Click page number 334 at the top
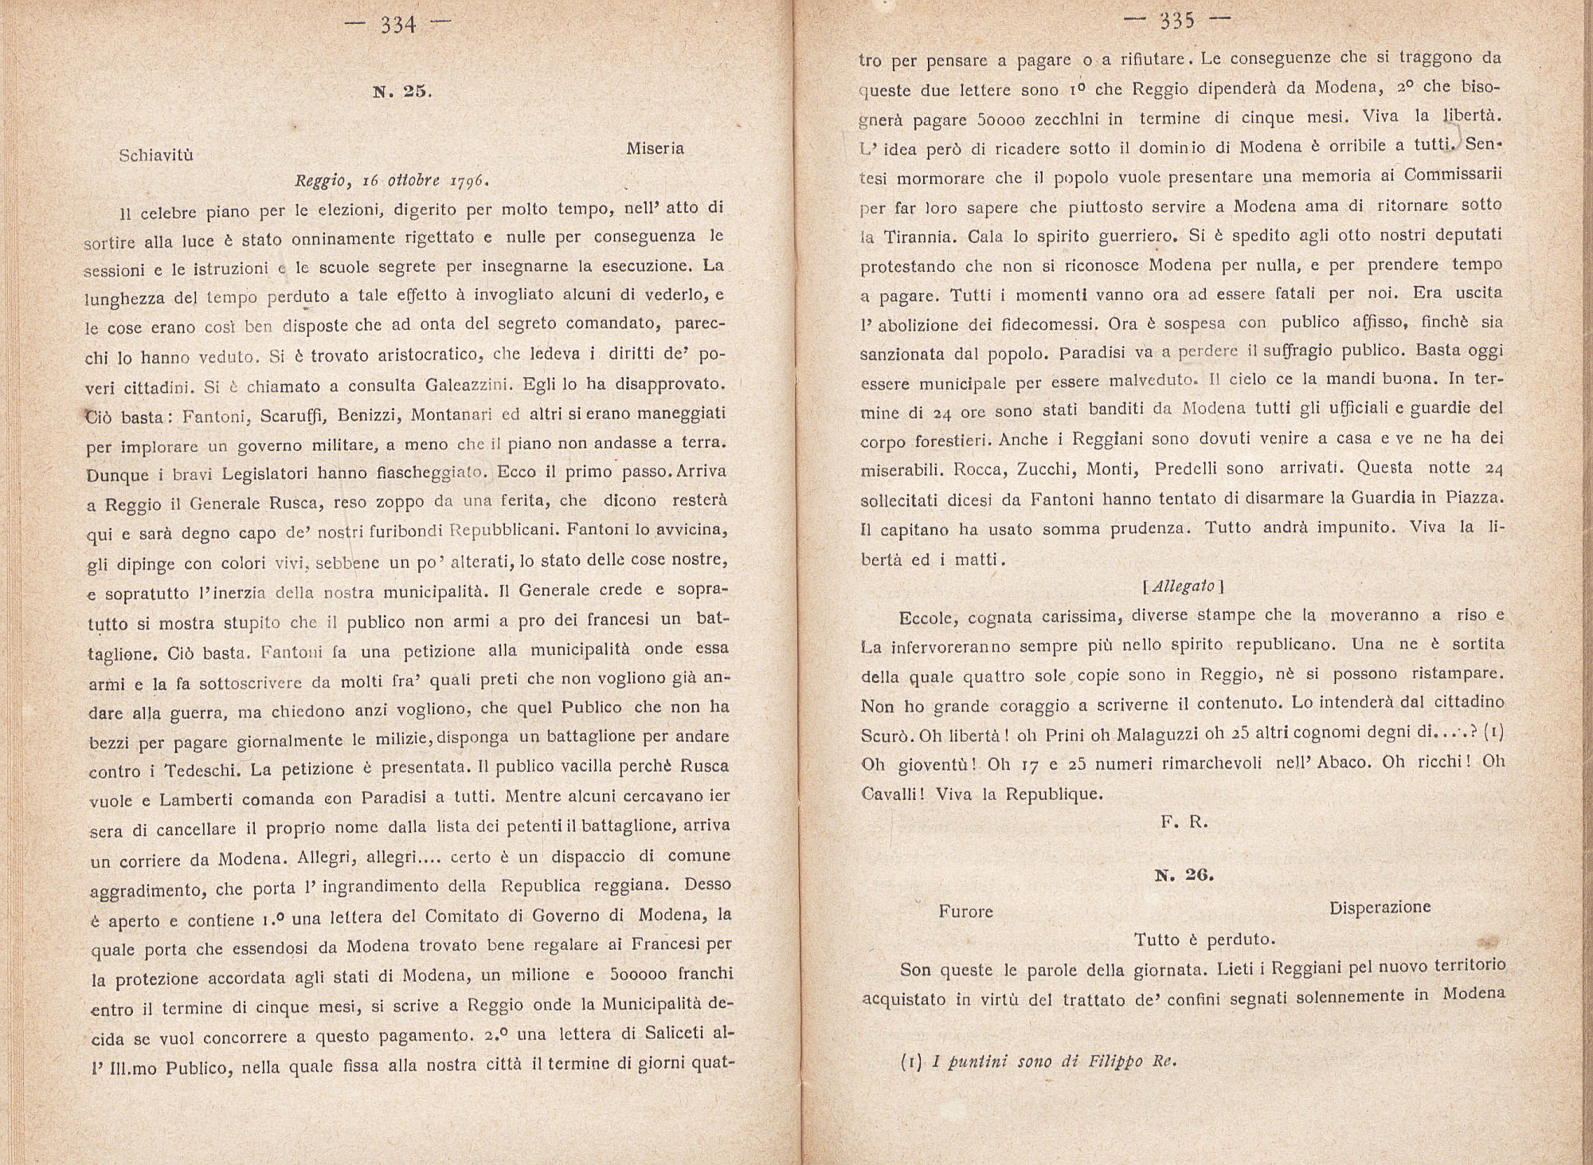(x=398, y=25)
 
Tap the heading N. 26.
(x=1184, y=875)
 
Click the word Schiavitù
(x=156, y=155)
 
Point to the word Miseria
(x=655, y=149)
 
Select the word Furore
(x=965, y=912)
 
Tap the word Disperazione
(x=1380, y=908)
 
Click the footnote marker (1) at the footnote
(x=911, y=1062)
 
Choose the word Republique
(x=1054, y=794)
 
